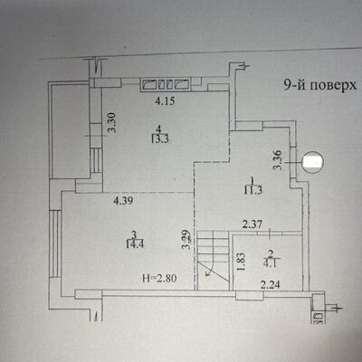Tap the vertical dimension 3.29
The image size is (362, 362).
pyautogui.click(x=185, y=239)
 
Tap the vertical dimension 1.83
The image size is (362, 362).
pyautogui.click(x=239, y=262)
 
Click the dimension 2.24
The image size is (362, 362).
pyautogui.click(x=270, y=285)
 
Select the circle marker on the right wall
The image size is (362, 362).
pyautogui.click(x=311, y=162)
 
